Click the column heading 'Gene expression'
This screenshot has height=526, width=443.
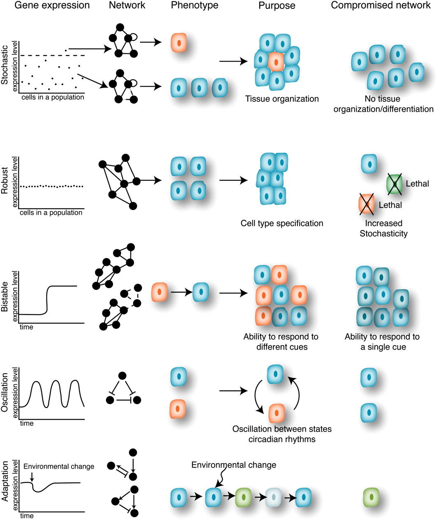click(52, 6)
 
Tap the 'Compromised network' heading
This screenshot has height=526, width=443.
click(381, 6)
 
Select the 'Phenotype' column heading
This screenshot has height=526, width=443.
click(194, 6)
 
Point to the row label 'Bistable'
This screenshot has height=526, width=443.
click(5, 296)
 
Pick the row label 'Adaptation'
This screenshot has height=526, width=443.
click(5, 481)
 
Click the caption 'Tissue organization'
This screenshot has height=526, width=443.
click(282, 99)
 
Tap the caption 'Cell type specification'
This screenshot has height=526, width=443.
click(282, 224)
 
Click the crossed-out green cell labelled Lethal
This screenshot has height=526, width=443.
click(395, 184)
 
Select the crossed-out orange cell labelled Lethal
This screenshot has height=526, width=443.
click(367, 204)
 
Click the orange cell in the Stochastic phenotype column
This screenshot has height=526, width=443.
click(179, 43)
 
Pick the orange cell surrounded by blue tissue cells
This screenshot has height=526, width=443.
click(276, 62)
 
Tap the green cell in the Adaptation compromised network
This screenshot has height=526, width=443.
click(371, 497)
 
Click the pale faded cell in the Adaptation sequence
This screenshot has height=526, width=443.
click(273, 497)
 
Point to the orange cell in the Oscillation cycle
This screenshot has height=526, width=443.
click(277, 413)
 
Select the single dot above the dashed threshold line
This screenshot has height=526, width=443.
click(66, 51)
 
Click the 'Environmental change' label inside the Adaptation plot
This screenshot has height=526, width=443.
click(59, 467)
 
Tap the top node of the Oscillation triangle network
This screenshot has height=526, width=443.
click(122, 376)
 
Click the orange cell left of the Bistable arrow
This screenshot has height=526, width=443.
click(159, 292)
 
